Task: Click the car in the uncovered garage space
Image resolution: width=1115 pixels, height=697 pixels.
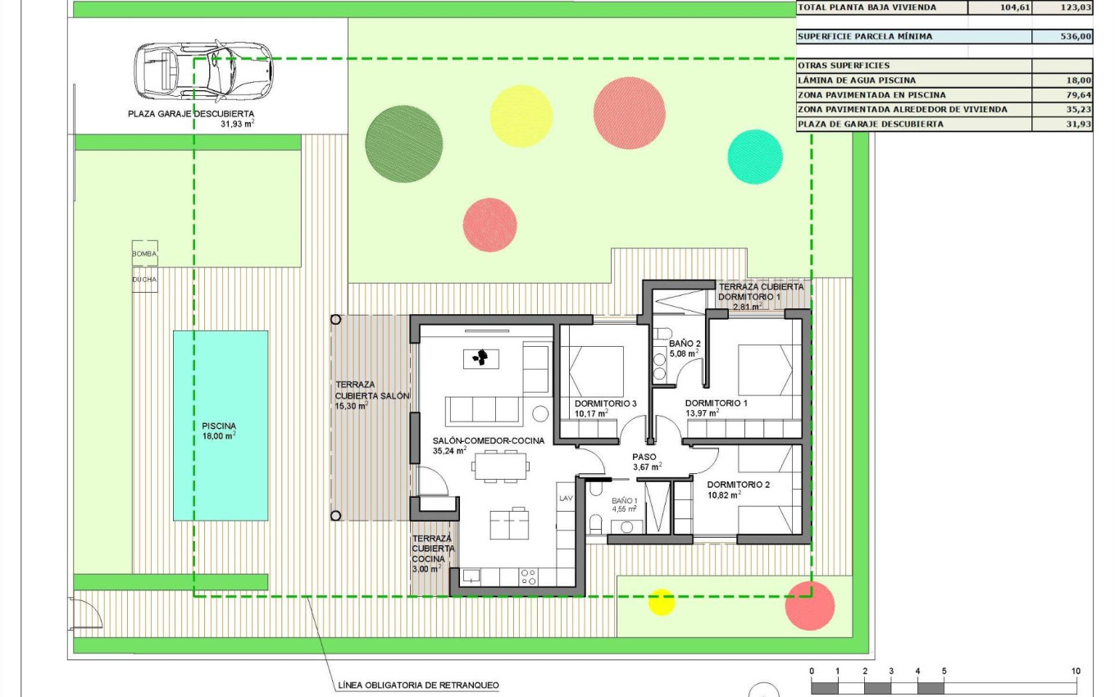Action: click(203, 71)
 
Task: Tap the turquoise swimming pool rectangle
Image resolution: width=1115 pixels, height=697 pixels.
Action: click(221, 425)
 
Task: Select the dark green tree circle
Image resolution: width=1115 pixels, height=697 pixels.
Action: click(404, 144)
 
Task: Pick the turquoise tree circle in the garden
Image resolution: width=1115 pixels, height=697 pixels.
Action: click(755, 157)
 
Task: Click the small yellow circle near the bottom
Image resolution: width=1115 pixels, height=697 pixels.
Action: click(662, 601)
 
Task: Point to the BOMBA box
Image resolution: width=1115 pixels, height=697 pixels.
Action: click(144, 254)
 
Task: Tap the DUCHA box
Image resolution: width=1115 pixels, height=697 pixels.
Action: click(144, 280)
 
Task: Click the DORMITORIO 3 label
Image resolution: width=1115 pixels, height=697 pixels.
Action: click(605, 403)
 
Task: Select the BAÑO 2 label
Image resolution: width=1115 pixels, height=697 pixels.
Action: click(685, 344)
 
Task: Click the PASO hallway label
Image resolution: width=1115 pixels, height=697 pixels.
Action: click(644, 458)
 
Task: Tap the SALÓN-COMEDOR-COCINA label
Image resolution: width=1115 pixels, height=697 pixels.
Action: click(488, 440)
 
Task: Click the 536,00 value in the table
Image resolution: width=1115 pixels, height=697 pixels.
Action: click(1074, 37)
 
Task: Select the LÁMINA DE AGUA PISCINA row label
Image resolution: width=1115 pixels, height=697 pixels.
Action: click(857, 80)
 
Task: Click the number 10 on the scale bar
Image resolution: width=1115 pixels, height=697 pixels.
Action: click(1076, 671)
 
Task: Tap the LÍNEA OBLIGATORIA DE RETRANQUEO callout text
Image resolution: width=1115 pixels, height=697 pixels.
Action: click(418, 686)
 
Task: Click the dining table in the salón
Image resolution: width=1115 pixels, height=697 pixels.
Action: click(501, 467)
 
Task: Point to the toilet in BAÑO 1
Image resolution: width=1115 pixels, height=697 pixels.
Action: click(596, 525)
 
